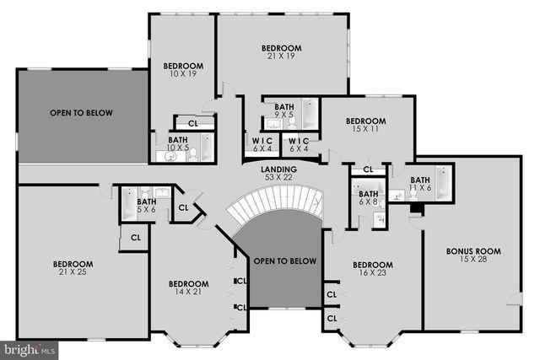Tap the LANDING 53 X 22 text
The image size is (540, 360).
click(278, 174)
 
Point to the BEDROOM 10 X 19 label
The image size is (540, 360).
click(183, 70)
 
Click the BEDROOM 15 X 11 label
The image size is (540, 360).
click(365, 126)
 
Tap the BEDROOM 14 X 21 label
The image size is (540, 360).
click(188, 288)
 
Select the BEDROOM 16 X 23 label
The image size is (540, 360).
click(373, 268)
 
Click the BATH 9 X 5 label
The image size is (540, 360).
click(284, 111)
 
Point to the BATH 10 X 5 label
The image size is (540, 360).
click(177, 144)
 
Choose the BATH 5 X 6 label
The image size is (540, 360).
click(147, 206)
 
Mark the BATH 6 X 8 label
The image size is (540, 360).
click(368, 198)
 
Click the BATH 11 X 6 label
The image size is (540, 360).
click(420, 183)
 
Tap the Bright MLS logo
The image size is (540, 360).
click(29, 348)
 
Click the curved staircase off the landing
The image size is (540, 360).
click(277, 203)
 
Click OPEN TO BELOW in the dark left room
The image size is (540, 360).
click(81, 112)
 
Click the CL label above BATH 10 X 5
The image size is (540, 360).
click(193, 123)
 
